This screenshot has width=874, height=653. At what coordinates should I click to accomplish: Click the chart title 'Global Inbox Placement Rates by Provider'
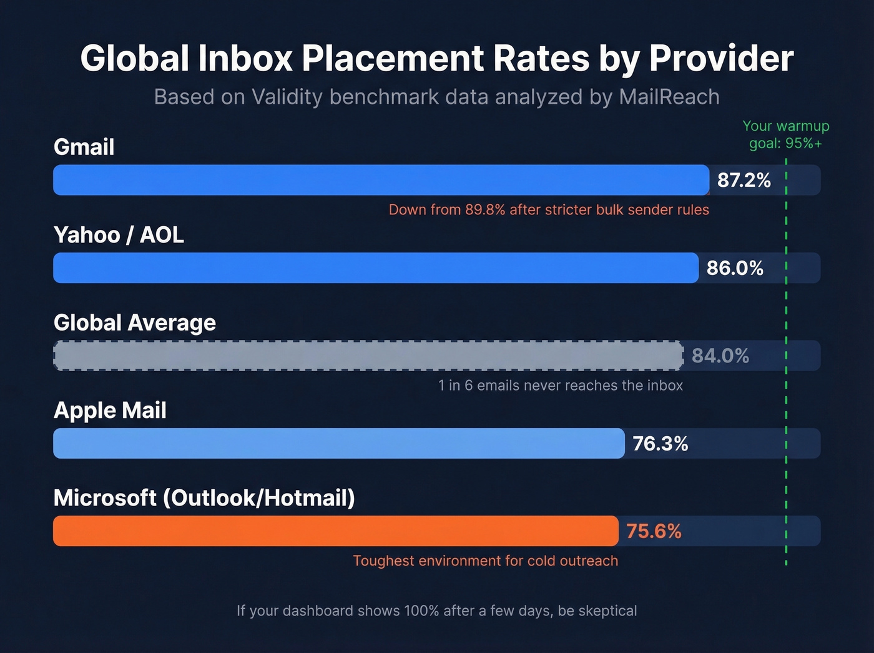(x=436, y=59)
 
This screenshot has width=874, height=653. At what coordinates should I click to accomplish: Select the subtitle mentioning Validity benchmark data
(x=436, y=97)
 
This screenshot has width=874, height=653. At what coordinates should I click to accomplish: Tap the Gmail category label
(x=84, y=147)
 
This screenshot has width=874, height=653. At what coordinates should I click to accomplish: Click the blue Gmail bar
(x=381, y=180)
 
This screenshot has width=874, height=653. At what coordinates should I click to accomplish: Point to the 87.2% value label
(x=744, y=180)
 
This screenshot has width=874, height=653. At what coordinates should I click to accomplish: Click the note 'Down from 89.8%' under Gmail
(x=549, y=209)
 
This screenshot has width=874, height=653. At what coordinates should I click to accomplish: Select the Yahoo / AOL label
(x=119, y=235)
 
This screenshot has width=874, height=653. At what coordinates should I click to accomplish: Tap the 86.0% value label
(x=735, y=268)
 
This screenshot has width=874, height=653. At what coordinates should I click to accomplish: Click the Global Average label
(x=135, y=322)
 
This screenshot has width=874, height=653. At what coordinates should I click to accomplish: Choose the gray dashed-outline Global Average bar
(x=368, y=356)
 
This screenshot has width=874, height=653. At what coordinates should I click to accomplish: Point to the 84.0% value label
(x=720, y=356)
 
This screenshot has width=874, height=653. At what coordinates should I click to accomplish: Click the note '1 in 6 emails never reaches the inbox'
(x=560, y=386)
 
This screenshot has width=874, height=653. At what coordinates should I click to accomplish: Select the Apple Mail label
(x=110, y=410)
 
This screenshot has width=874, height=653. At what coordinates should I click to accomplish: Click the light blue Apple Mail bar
(x=338, y=443)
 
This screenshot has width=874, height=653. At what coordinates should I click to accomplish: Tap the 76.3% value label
(x=660, y=444)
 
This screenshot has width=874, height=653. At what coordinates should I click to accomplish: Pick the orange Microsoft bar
(x=335, y=531)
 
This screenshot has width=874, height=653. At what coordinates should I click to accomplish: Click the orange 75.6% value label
(x=654, y=531)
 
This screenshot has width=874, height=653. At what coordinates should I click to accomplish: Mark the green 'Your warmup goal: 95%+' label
(x=785, y=134)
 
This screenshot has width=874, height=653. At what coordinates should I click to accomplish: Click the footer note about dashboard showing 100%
(x=436, y=611)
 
